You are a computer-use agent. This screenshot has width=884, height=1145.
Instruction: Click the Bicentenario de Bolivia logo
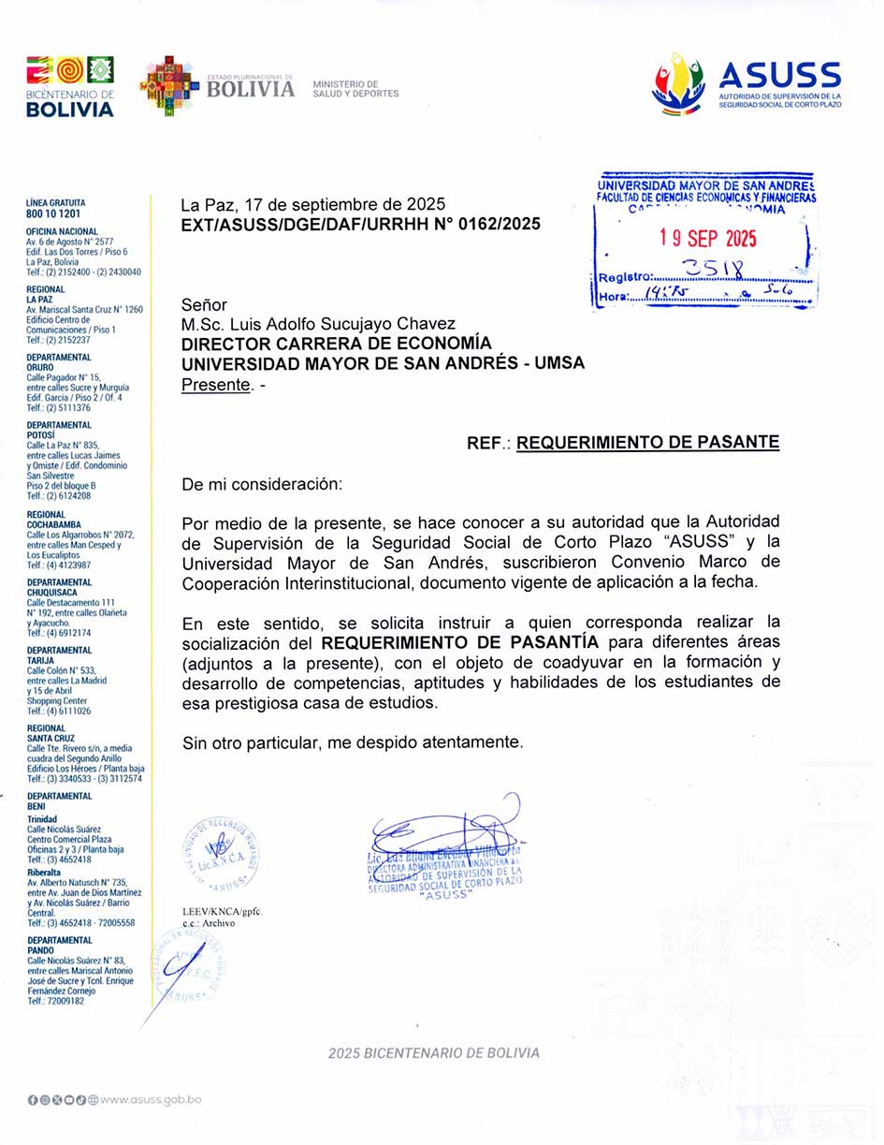[x=70, y=86]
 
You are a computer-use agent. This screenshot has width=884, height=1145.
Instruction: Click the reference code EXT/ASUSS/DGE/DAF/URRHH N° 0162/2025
[x=360, y=225]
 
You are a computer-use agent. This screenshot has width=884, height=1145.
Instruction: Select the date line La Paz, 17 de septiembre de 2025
[x=312, y=204]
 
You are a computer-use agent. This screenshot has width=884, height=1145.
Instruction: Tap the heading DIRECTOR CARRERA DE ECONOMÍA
[x=336, y=344]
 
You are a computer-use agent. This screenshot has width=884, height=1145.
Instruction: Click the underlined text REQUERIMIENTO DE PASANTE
[x=647, y=443]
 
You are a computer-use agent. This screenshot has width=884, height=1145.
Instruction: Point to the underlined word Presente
[x=215, y=384]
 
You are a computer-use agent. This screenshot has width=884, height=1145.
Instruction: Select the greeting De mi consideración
[x=262, y=485]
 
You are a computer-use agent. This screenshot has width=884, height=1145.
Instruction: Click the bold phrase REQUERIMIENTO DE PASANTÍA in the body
[x=460, y=642]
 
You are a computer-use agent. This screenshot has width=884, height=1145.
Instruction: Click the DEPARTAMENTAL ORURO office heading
[x=58, y=361]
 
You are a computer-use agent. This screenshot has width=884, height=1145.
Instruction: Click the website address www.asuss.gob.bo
[x=151, y=1099]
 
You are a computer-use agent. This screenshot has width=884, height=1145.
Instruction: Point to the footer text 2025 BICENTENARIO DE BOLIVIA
[x=433, y=1052]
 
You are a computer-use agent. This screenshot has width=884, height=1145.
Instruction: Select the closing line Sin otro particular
[x=352, y=742]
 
